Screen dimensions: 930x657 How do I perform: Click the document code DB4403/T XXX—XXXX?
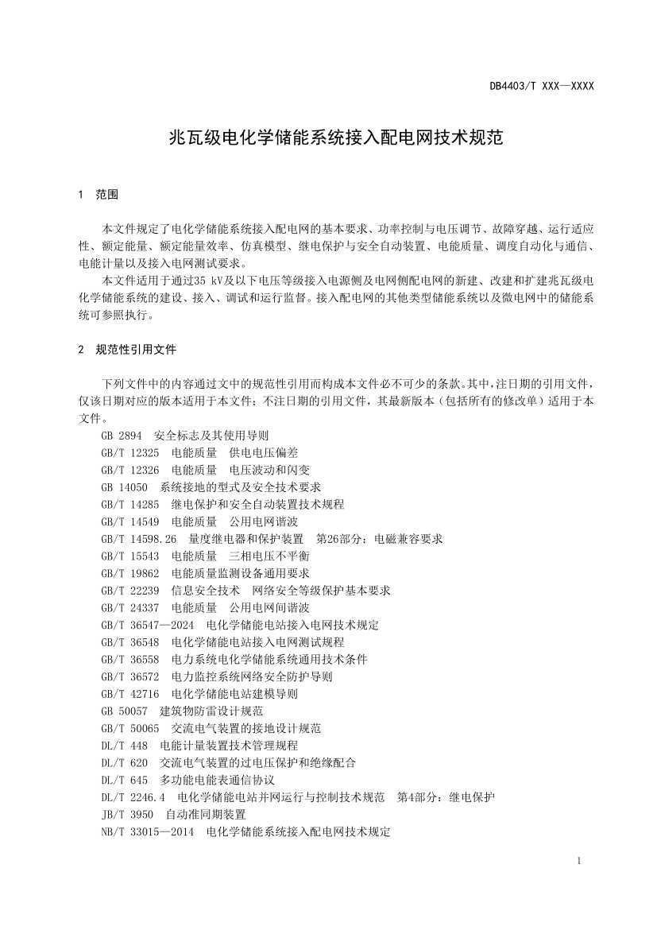click(x=542, y=86)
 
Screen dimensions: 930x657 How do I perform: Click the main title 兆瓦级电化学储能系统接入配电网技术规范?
click(x=337, y=138)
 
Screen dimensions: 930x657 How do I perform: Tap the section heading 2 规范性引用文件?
click(x=127, y=349)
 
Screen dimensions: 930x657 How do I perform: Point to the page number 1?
click(x=580, y=861)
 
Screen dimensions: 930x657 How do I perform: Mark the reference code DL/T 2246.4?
click(x=133, y=797)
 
